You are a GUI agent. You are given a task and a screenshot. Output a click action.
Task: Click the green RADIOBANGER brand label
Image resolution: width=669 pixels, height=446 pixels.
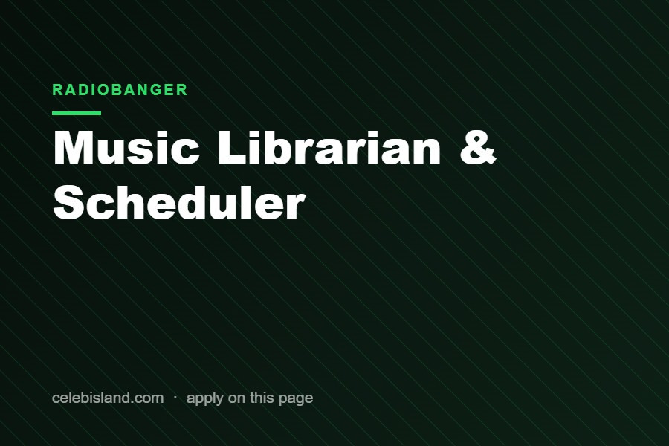(x=120, y=90)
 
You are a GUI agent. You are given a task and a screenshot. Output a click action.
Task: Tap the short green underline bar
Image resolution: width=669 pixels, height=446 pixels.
(x=77, y=113)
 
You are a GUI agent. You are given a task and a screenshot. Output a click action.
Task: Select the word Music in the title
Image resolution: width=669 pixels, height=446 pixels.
(x=126, y=147)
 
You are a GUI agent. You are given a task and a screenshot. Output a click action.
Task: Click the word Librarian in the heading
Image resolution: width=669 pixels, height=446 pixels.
(x=329, y=147)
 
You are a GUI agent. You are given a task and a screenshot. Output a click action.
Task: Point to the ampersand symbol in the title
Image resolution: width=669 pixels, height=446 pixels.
(x=478, y=147)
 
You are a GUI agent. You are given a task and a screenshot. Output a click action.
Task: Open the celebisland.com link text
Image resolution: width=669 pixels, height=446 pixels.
(x=108, y=398)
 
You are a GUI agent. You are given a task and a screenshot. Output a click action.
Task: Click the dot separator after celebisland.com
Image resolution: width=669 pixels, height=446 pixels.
(x=175, y=396)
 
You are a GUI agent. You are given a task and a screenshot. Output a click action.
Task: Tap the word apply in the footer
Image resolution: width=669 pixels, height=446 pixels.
(x=205, y=398)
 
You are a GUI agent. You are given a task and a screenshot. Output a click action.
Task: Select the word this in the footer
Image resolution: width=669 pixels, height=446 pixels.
(x=262, y=398)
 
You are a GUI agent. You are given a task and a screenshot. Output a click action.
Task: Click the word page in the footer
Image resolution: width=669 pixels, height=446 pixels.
(x=296, y=399)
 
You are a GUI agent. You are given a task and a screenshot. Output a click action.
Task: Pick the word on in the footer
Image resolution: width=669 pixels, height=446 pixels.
(x=237, y=399)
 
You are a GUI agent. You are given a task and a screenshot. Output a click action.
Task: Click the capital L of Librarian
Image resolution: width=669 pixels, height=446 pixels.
(x=231, y=147)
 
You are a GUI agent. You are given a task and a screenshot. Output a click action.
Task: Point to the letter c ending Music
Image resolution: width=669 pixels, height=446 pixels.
(x=187, y=151)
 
